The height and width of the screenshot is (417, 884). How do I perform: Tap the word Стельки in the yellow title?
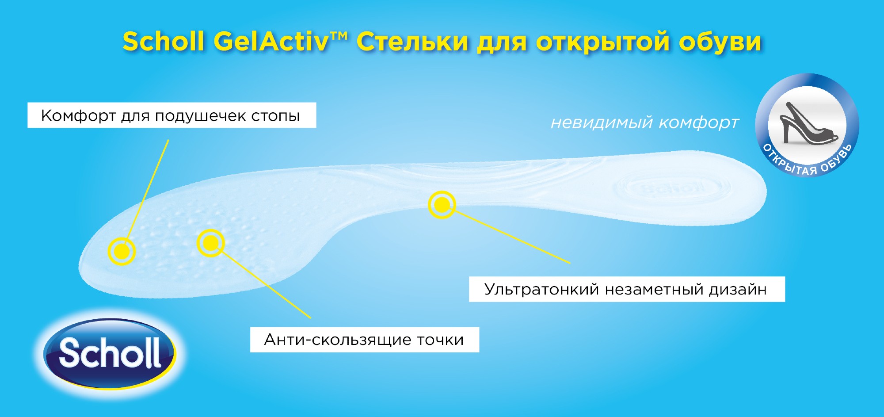[x=412, y=42]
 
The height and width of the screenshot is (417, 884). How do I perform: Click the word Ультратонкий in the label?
[x=541, y=289]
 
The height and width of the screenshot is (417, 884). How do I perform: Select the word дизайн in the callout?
[x=738, y=289]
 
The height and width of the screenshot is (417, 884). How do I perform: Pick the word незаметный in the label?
[x=654, y=290]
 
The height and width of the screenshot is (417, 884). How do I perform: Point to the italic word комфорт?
[x=699, y=123]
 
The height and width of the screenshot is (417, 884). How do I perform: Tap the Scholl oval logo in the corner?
[x=110, y=354]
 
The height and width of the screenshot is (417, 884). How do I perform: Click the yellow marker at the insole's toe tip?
[x=122, y=251]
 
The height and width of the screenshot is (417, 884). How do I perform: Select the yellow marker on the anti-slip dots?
[x=210, y=242]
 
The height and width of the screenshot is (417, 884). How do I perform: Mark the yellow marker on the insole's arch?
[x=442, y=205]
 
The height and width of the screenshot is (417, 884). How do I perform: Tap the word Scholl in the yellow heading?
[x=164, y=42]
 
